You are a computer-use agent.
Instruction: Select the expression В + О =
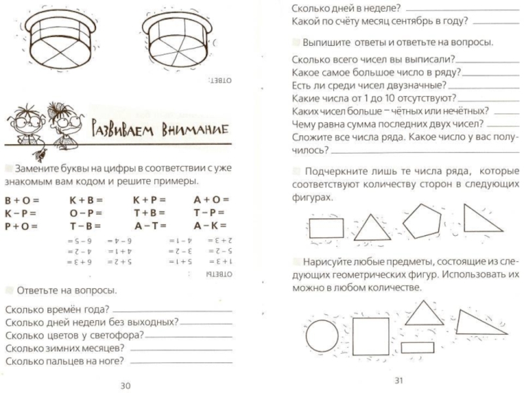(x=22, y=199)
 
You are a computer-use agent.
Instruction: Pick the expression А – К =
(x=209, y=226)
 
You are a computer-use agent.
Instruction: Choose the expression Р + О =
(x=22, y=226)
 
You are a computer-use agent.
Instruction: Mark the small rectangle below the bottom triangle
(x=419, y=347)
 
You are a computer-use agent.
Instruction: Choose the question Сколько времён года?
(x=56, y=310)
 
